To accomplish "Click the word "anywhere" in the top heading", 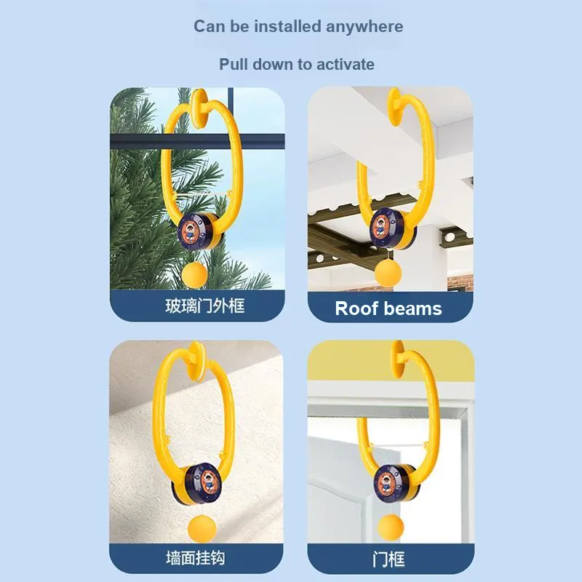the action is pyautogui.click(x=364, y=27).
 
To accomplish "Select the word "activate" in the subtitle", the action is pyautogui.click(x=345, y=65).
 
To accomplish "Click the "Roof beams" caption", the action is pyautogui.click(x=388, y=308).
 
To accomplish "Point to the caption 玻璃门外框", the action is pyautogui.click(x=205, y=306).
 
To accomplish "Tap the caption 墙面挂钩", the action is pyautogui.click(x=196, y=558).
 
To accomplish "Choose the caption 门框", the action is pyautogui.click(x=388, y=559).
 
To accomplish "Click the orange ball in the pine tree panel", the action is pyautogui.click(x=195, y=275).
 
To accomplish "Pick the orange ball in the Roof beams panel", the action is pyautogui.click(x=388, y=274).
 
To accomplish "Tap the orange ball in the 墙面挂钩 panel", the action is pyautogui.click(x=202, y=528).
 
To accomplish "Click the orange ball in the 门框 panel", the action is pyautogui.click(x=391, y=527).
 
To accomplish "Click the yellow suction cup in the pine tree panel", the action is pyautogui.click(x=199, y=108).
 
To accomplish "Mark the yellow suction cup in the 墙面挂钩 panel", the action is pyautogui.click(x=196, y=361).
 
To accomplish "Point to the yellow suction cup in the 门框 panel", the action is pyautogui.click(x=398, y=359).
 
